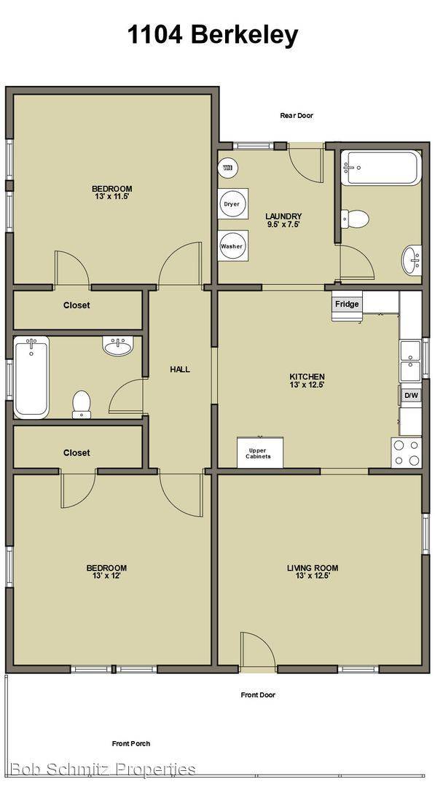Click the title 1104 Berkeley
[213, 35]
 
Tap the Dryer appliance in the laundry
[231, 204]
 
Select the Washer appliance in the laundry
[231, 246]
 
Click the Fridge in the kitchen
[347, 305]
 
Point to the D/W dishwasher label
[411, 396]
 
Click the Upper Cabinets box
[259, 453]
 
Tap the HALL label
[180, 369]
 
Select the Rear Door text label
[297, 116]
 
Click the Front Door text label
[258, 695]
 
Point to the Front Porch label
[131, 744]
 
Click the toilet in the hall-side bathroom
[82, 404]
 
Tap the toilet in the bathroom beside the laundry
[356, 218]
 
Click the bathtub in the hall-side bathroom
[31, 377]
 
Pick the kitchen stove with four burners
[407, 453]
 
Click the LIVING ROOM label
[312, 568]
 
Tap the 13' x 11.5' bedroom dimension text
[111, 197]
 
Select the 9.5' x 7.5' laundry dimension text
[283, 224]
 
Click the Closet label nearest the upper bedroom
[77, 305]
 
